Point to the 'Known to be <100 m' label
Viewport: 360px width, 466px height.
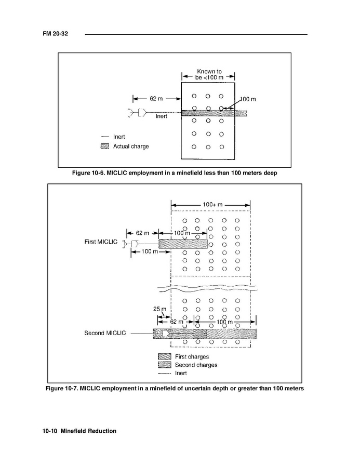tap(208, 74)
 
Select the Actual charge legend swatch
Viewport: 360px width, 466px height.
tap(104, 147)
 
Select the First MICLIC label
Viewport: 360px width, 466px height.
tap(101, 242)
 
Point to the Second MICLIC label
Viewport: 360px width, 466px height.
tap(105, 333)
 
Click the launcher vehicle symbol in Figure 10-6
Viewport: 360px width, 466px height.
tap(137, 112)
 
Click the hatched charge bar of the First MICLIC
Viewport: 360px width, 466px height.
tap(182, 244)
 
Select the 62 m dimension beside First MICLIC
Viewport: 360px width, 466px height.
tap(142, 233)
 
